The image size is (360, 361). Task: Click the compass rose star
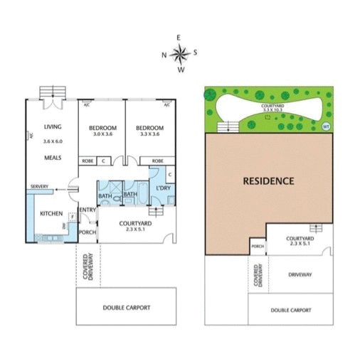[180, 53]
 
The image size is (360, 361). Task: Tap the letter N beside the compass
[164, 54]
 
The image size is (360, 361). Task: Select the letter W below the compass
[181, 70]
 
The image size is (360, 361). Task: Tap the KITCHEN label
[51, 214]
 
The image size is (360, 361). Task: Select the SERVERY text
[39, 187]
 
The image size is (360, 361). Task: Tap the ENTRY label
[88, 210]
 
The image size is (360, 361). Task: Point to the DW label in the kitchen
[65, 227]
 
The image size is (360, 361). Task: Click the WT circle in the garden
[327, 126]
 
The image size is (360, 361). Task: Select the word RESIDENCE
[269, 181]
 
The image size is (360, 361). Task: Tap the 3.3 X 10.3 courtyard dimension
[272, 110]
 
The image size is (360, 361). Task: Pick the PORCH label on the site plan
[257, 247]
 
